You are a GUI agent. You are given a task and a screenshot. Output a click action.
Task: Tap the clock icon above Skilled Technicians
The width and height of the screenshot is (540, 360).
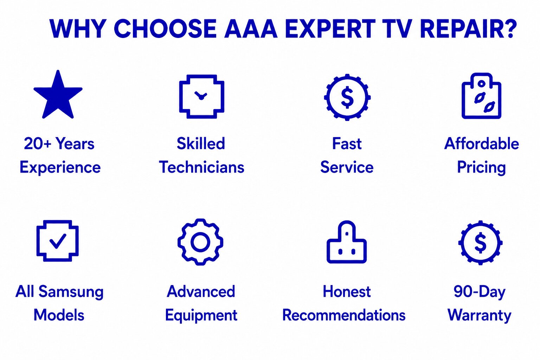tap(180, 96)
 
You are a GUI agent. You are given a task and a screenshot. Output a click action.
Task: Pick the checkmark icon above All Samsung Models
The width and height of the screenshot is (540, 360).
tap(38, 241)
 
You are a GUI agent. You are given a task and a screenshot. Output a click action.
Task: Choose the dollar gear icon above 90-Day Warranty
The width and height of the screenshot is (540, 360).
tap(480, 243)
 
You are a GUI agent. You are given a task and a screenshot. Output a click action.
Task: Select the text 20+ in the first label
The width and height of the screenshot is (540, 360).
tap(38, 144)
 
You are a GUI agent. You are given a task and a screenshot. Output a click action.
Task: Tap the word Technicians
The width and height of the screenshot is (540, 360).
tap(201, 167)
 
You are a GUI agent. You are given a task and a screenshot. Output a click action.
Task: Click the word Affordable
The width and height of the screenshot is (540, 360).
tap(481, 144)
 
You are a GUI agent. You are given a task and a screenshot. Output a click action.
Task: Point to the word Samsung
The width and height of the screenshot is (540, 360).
tap(71, 292)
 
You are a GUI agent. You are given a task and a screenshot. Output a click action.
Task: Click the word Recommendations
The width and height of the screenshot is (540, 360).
tap(344, 315)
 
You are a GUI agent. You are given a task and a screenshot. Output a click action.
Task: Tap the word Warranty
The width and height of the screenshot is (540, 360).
tap(479, 315)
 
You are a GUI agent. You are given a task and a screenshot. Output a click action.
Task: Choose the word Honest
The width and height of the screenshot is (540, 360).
tap(347, 291)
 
